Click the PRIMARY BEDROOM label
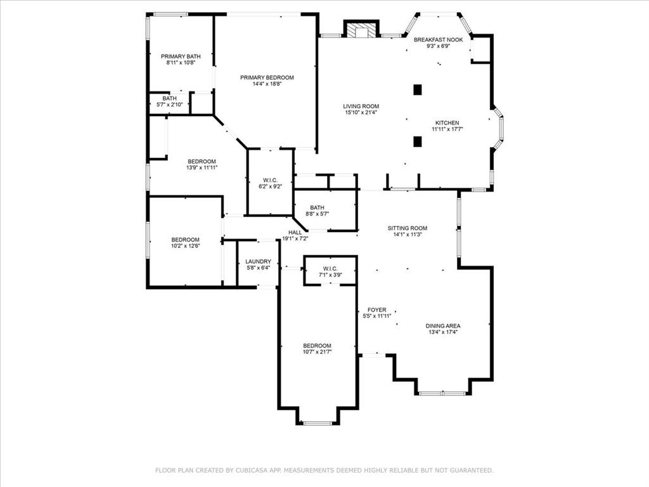click(267, 77)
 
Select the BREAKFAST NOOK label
click(438, 39)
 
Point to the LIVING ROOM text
click(361, 107)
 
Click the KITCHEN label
click(447, 123)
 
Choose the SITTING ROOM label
click(408, 228)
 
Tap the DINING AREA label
click(443, 326)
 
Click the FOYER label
click(376, 310)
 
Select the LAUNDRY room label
click(259, 261)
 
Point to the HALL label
click(295, 233)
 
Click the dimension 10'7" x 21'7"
click(317, 352)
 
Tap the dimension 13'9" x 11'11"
click(202, 168)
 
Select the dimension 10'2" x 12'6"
click(186, 246)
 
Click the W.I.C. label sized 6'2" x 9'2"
click(270, 181)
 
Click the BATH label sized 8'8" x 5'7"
click(317, 207)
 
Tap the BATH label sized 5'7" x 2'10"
click(169, 98)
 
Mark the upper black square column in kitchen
click(417, 90)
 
